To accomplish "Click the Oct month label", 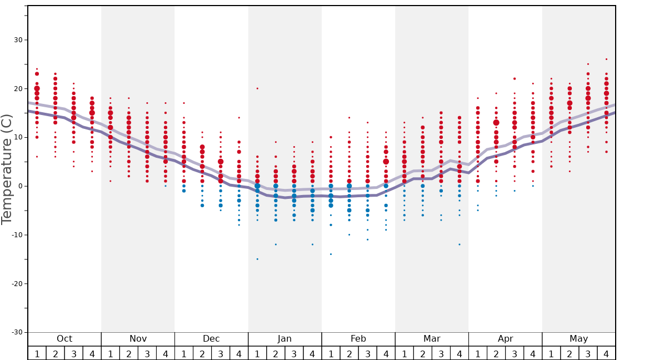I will point(64,339).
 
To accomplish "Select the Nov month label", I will point(138,339).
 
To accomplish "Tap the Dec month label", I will point(211,339).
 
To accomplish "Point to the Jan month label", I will point(284,339).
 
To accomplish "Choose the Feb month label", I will point(358,339).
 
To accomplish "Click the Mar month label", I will point(432,339).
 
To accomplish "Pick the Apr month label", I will point(505,339).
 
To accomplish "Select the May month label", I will point(578,339).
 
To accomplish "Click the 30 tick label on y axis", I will point(18,40).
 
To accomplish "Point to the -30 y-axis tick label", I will point(16,332).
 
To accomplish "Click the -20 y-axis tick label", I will point(16,283).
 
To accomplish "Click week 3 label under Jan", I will point(294,353).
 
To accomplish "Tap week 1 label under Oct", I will point(37,353).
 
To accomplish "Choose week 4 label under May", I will point(606,353).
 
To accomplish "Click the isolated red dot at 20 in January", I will point(257,88).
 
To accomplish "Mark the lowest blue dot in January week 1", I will point(257,259).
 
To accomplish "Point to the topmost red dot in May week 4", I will point(606,59).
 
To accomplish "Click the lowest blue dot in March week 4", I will point(460,244).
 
